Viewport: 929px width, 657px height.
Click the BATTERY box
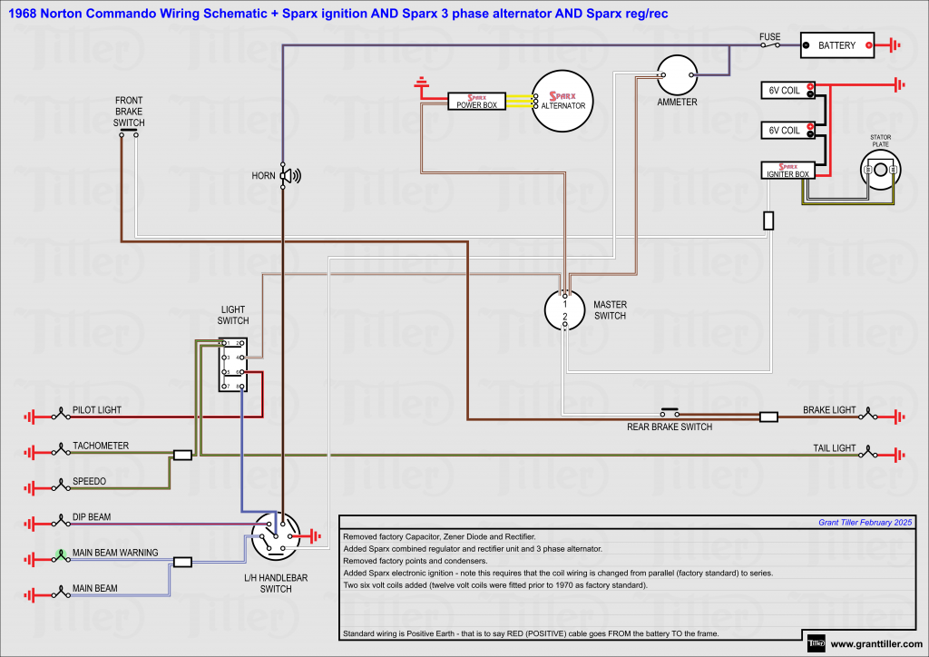[836, 45]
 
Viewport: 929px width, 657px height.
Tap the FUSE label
[769, 37]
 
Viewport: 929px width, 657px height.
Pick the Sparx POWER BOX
[476, 101]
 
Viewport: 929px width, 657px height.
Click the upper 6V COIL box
[786, 90]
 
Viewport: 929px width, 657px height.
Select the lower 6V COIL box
[786, 131]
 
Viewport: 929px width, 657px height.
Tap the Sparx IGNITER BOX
[787, 170]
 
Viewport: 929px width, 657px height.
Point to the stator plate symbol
[881, 170]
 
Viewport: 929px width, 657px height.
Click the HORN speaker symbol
[289, 176]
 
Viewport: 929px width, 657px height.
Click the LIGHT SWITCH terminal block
[232, 365]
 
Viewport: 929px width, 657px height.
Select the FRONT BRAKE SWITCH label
[129, 111]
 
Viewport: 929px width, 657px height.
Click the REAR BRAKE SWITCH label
[670, 427]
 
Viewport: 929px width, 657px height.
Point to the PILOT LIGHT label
[97, 411]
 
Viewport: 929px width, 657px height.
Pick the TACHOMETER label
[101, 446]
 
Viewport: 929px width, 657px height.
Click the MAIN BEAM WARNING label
[115, 553]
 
